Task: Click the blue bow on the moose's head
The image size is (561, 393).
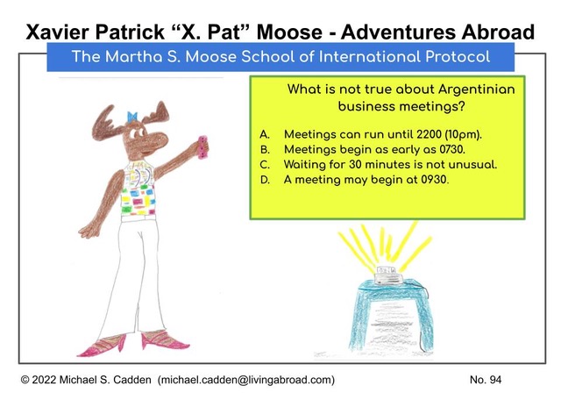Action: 132,117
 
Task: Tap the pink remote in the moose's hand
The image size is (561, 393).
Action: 202,146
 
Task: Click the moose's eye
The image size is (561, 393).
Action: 134,134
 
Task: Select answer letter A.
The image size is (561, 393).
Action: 265,134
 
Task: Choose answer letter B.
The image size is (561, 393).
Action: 265,149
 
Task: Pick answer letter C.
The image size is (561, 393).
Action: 265,165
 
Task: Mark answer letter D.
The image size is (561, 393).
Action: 265,180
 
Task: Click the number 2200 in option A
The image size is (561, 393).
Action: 429,134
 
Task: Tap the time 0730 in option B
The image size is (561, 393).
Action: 452,149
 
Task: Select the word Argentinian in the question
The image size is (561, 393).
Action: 476,89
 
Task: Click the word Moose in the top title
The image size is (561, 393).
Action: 289,32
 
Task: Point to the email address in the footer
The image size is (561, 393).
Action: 246,380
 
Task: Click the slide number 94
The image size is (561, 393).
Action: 494,380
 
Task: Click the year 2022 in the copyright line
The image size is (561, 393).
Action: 44,380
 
